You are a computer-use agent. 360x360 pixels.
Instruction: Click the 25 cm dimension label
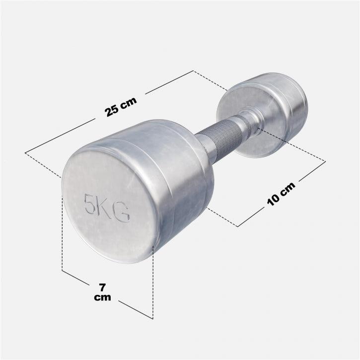[x=121, y=105]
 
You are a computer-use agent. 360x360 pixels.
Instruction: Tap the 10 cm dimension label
[x=281, y=193]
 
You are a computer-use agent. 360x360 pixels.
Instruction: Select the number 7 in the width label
[x=102, y=288]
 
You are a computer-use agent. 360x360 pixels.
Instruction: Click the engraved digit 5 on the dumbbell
[x=91, y=205]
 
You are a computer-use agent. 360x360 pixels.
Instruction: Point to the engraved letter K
[x=105, y=209]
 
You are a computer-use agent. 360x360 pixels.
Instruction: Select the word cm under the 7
[x=102, y=297]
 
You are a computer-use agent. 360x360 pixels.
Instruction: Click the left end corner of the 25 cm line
[x=25, y=151]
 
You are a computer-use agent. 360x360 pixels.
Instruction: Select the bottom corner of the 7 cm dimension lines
[x=152, y=318]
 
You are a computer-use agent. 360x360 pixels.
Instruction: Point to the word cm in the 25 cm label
[x=128, y=102]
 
